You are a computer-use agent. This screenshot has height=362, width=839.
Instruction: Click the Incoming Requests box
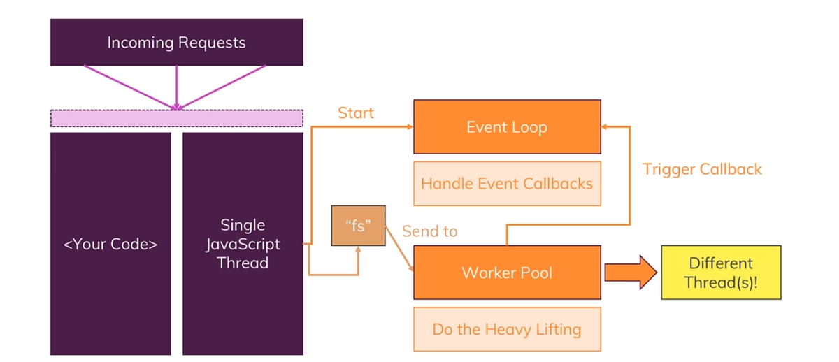click(x=176, y=43)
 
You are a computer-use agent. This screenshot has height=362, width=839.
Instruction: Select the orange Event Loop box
click(x=507, y=127)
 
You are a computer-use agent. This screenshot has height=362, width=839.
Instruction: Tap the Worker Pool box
click(x=507, y=272)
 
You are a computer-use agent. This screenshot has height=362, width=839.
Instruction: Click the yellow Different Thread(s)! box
click(x=721, y=273)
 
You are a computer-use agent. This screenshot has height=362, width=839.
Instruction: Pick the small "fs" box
click(x=358, y=227)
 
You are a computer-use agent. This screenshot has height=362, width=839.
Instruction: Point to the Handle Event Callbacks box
click(x=507, y=184)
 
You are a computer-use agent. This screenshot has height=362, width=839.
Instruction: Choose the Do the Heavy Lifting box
click(x=507, y=329)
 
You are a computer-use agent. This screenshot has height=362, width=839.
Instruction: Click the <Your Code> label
click(x=110, y=245)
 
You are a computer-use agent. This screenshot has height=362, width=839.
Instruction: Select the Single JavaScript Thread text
click(x=243, y=244)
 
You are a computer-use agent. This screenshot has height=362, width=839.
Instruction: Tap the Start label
click(x=356, y=113)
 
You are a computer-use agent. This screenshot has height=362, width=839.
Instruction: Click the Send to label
click(x=429, y=231)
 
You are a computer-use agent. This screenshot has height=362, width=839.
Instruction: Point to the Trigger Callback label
click(x=702, y=169)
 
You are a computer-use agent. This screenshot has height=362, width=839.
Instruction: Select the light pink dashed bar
click(x=176, y=118)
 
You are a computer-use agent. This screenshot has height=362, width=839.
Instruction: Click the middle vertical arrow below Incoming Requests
click(x=176, y=87)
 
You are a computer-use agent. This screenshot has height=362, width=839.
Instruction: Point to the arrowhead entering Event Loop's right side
click(x=606, y=126)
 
